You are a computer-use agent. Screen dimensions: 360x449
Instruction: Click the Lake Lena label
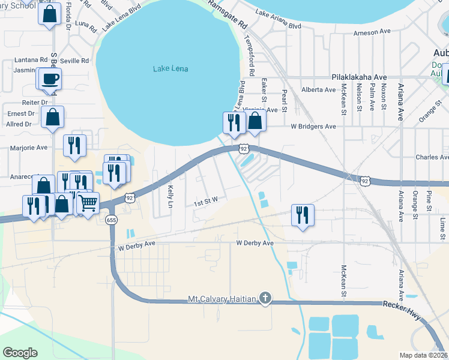[170, 69]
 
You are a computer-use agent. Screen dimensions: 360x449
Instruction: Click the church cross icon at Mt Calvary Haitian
[265, 298]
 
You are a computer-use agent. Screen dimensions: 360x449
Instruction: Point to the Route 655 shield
[110, 220]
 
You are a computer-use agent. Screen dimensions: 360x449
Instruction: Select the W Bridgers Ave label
[313, 127]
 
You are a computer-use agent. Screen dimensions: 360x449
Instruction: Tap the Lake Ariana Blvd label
[278, 19]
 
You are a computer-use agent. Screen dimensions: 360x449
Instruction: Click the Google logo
[20, 352]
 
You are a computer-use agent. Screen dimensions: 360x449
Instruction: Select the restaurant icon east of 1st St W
[302, 215]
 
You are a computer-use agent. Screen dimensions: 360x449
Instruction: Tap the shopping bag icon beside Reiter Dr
[53, 118]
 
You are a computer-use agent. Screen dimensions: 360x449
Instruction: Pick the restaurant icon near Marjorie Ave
[74, 145]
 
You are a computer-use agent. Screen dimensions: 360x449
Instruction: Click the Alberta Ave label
[318, 90]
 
